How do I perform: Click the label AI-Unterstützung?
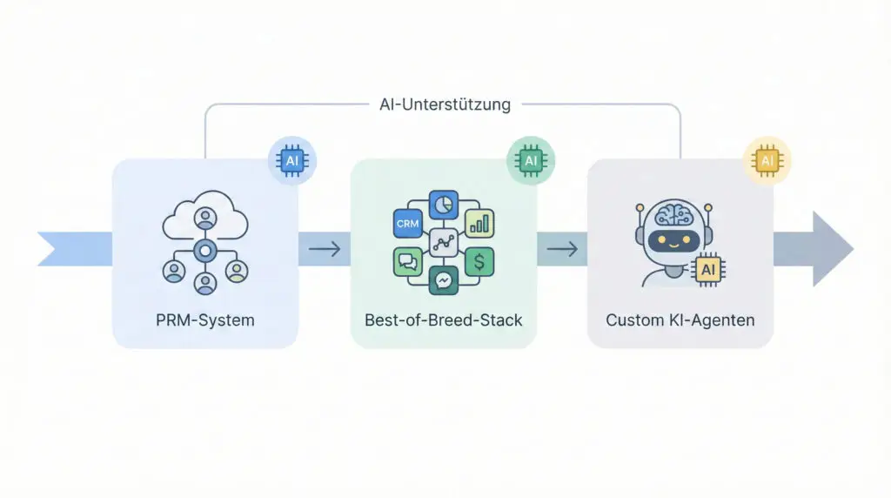(x=445, y=104)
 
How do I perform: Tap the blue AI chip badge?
(x=291, y=160)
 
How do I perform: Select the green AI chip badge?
(x=530, y=160)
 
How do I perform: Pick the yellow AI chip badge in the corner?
(x=767, y=160)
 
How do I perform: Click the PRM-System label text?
(x=205, y=320)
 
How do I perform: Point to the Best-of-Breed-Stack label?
(x=444, y=320)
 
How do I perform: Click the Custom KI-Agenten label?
(x=680, y=320)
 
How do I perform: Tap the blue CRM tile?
(x=407, y=224)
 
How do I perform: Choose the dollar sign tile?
(x=479, y=261)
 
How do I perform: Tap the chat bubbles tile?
(x=407, y=261)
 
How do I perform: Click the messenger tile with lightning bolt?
(x=444, y=280)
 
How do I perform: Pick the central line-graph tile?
(x=444, y=243)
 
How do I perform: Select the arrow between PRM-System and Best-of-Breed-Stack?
(x=324, y=250)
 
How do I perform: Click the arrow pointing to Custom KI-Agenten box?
(x=561, y=250)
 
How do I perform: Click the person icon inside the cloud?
(x=205, y=218)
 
